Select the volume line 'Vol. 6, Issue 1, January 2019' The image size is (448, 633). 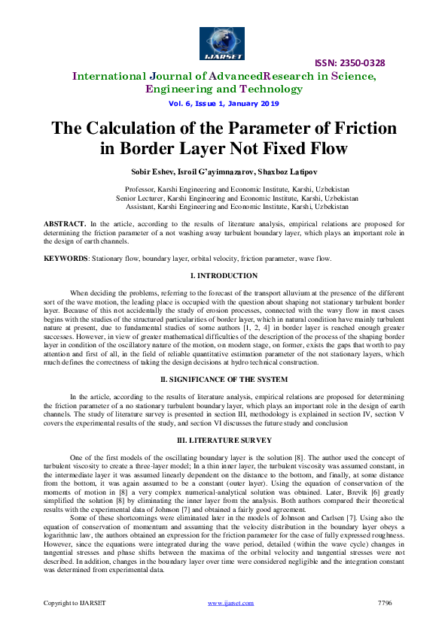tap(224, 103)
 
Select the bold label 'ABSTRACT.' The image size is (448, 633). tap(64, 223)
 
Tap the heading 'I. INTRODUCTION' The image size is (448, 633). tap(224, 276)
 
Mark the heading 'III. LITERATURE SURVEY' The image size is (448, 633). tap(224, 438)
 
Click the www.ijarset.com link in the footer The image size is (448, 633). tap(224, 623)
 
